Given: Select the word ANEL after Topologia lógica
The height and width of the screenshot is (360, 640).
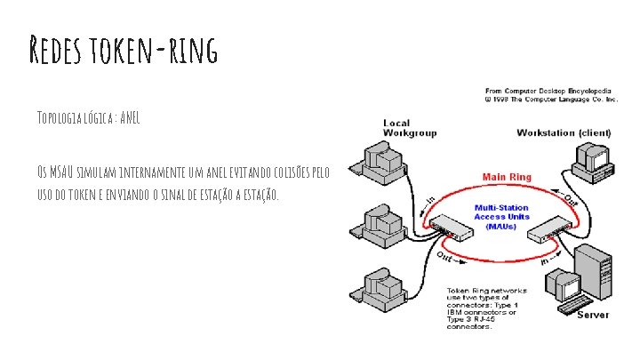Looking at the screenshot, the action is (129, 118).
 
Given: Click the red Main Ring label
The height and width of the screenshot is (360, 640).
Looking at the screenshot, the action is (507, 177).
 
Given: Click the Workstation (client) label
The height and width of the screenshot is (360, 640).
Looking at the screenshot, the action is (564, 132).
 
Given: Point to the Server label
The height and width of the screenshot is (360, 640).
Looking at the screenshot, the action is (593, 315).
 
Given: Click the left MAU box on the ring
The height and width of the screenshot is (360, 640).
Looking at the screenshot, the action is (452, 230).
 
